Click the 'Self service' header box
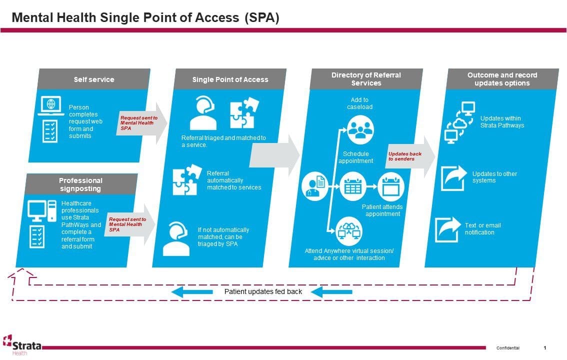pos(94,79)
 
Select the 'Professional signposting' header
pos(80,184)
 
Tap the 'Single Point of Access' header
pos(230,79)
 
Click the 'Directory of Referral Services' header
pos(366,79)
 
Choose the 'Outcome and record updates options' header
pos(502,79)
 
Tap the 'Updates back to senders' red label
pos(404,156)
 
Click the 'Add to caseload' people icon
pos(360,128)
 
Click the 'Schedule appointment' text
pos(355,157)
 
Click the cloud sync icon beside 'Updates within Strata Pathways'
pos(459,121)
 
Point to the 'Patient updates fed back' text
pos(263,291)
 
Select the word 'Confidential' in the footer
pos(507,348)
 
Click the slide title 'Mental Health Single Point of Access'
pos(145,18)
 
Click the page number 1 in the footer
pos(545,348)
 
